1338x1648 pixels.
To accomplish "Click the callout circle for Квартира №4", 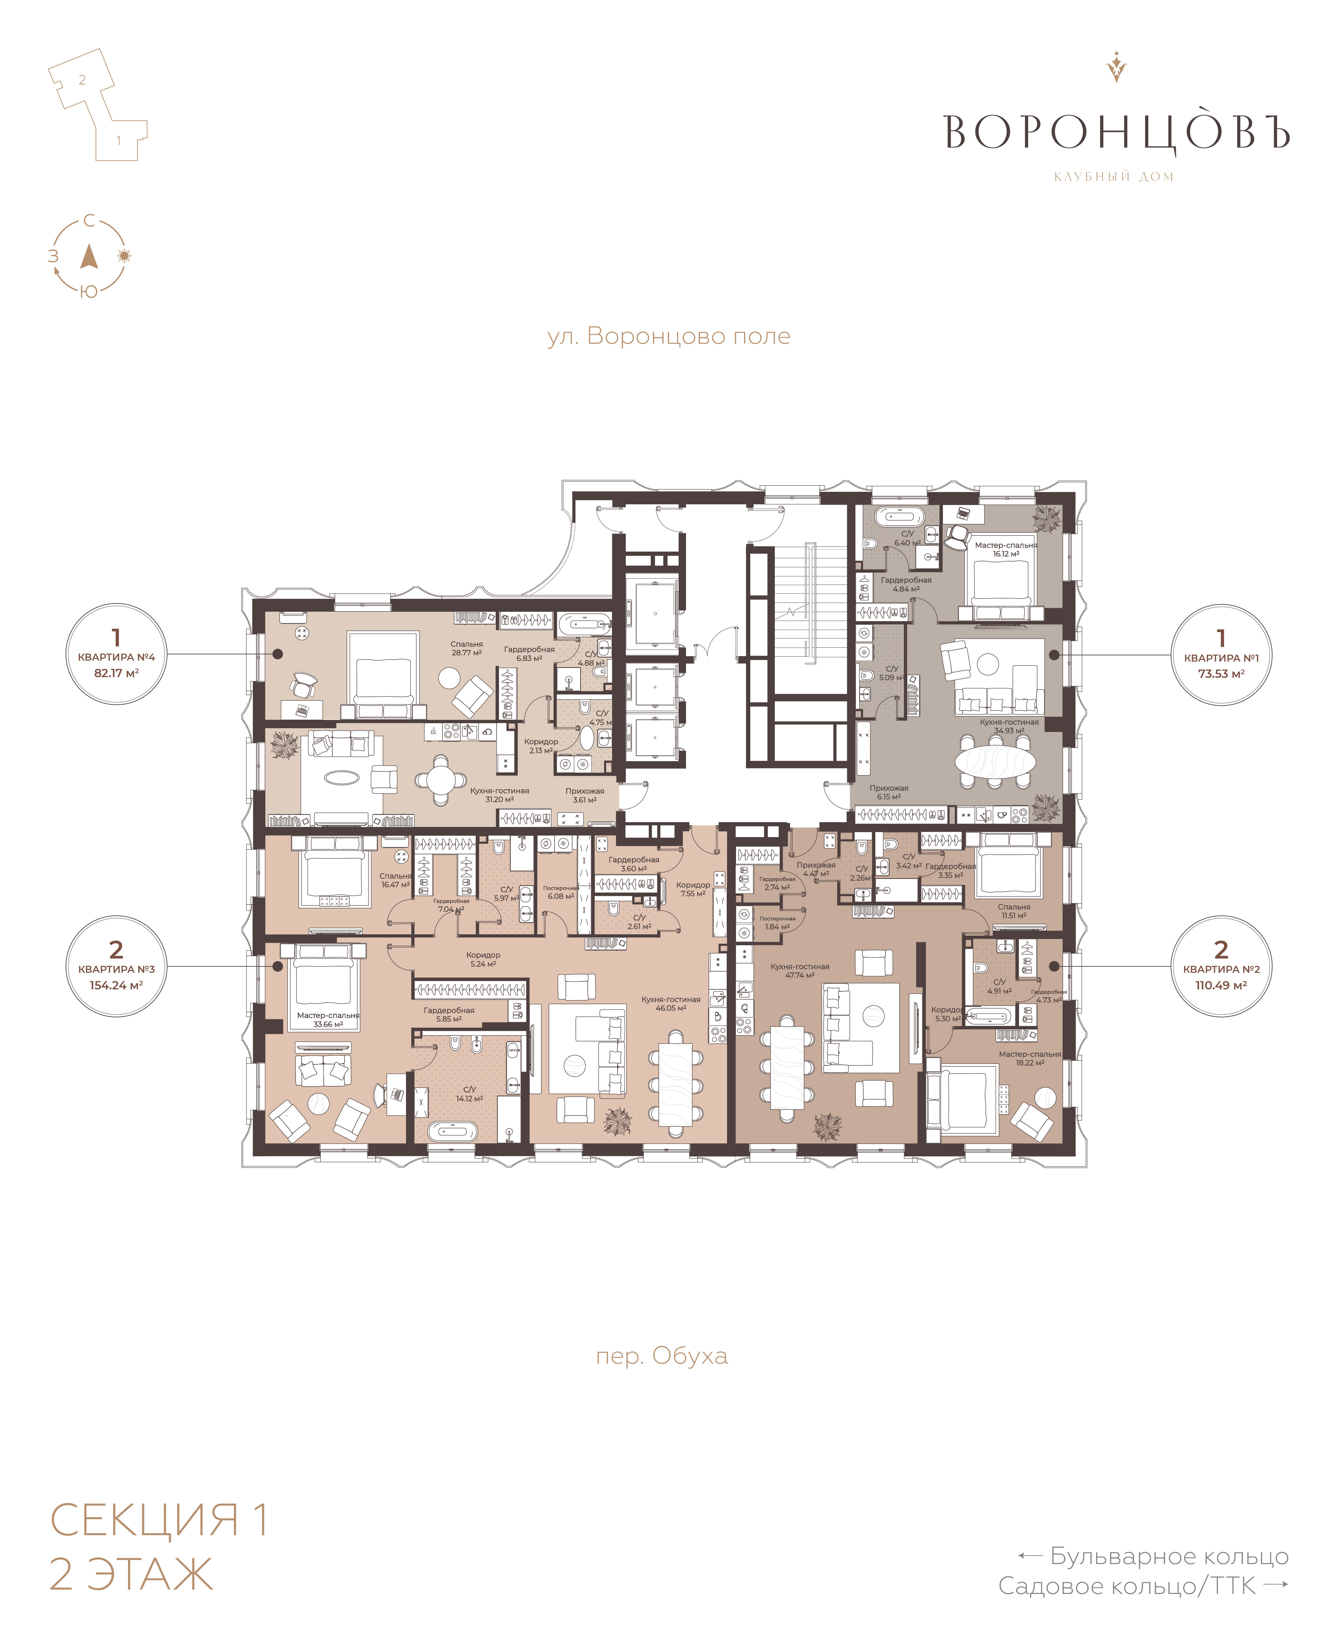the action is pos(116,654).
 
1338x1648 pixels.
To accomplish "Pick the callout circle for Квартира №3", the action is pos(116,966).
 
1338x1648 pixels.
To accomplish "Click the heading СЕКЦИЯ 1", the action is pos(159,1519).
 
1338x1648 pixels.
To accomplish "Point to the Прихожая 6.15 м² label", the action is pos(889,792).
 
